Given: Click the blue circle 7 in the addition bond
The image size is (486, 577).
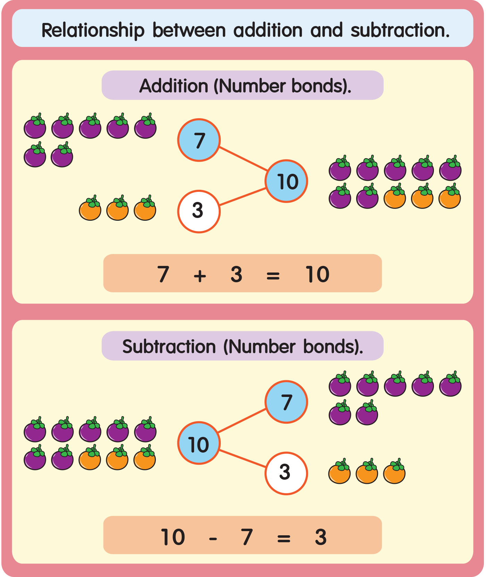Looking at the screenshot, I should (199, 140).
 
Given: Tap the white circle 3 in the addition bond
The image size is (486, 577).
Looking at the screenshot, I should (199, 211).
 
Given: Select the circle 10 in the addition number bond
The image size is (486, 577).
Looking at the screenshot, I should (286, 181).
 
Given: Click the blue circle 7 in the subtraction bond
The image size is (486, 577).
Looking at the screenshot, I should (286, 402).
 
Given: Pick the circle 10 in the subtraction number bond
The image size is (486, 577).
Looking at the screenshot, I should (199, 443).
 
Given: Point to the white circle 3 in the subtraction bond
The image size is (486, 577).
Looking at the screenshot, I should (286, 473).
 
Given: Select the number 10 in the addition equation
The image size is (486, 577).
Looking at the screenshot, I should (317, 274).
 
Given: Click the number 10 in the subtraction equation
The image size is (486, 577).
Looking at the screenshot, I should (173, 537).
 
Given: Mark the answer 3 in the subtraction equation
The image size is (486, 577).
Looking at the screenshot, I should (321, 537).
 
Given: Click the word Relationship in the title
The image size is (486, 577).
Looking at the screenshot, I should (93, 30).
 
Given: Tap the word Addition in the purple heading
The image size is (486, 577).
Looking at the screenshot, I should (174, 86).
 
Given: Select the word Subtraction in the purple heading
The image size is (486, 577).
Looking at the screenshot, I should (169, 347).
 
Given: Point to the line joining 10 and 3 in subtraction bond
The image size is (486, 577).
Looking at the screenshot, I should (243, 458).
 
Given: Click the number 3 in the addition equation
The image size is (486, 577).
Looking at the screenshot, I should (236, 274).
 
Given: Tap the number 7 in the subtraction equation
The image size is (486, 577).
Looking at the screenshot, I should (246, 537).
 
